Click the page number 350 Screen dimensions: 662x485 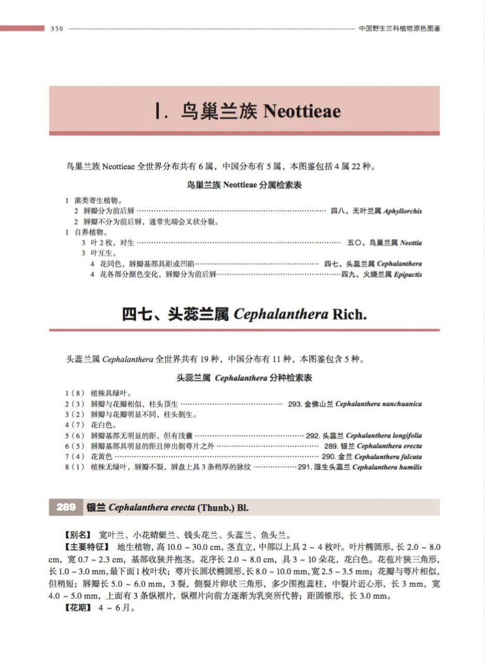pyautogui.click(x=56, y=29)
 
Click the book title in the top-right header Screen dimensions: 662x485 pyautogui.click(x=400, y=29)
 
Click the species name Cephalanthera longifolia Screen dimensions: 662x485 pyautogui.click(x=384, y=435)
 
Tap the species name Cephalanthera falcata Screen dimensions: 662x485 pyautogui.click(x=388, y=457)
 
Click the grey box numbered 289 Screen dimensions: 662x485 pyautogui.click(x=66, y=507)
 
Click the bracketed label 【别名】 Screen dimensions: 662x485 pyautogui.click(x=79, y=534)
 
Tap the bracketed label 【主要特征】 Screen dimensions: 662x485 pyautogui.click(x=86, y=547)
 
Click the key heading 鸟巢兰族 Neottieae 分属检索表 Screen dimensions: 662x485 pyautogui.click(x=244, y=185)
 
